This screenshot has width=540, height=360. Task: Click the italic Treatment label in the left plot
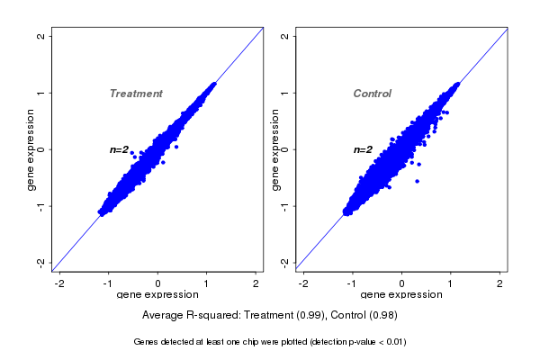point(136,94)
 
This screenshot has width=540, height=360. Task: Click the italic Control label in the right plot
point(373,94)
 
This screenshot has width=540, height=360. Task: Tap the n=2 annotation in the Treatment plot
point(120,149)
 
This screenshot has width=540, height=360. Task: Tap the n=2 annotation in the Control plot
point(363,149)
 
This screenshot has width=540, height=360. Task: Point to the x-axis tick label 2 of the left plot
point(256,283)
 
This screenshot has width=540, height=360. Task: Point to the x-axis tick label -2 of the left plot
point(60,283)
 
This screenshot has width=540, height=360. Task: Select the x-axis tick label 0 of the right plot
point(402,283)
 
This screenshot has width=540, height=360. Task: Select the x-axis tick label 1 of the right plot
point(451,283)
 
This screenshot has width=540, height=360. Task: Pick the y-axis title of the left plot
point(31,149)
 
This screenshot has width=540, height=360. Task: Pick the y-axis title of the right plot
point(275,149)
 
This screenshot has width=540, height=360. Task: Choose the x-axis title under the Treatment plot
point(157,295)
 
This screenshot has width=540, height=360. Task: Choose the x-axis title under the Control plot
point(401,295)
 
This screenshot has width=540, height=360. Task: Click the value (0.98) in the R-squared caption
point(382,316)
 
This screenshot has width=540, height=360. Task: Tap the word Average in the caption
point(164,316)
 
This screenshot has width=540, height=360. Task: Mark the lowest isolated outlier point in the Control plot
point(417,181)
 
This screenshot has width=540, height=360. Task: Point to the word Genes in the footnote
point(147,342)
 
